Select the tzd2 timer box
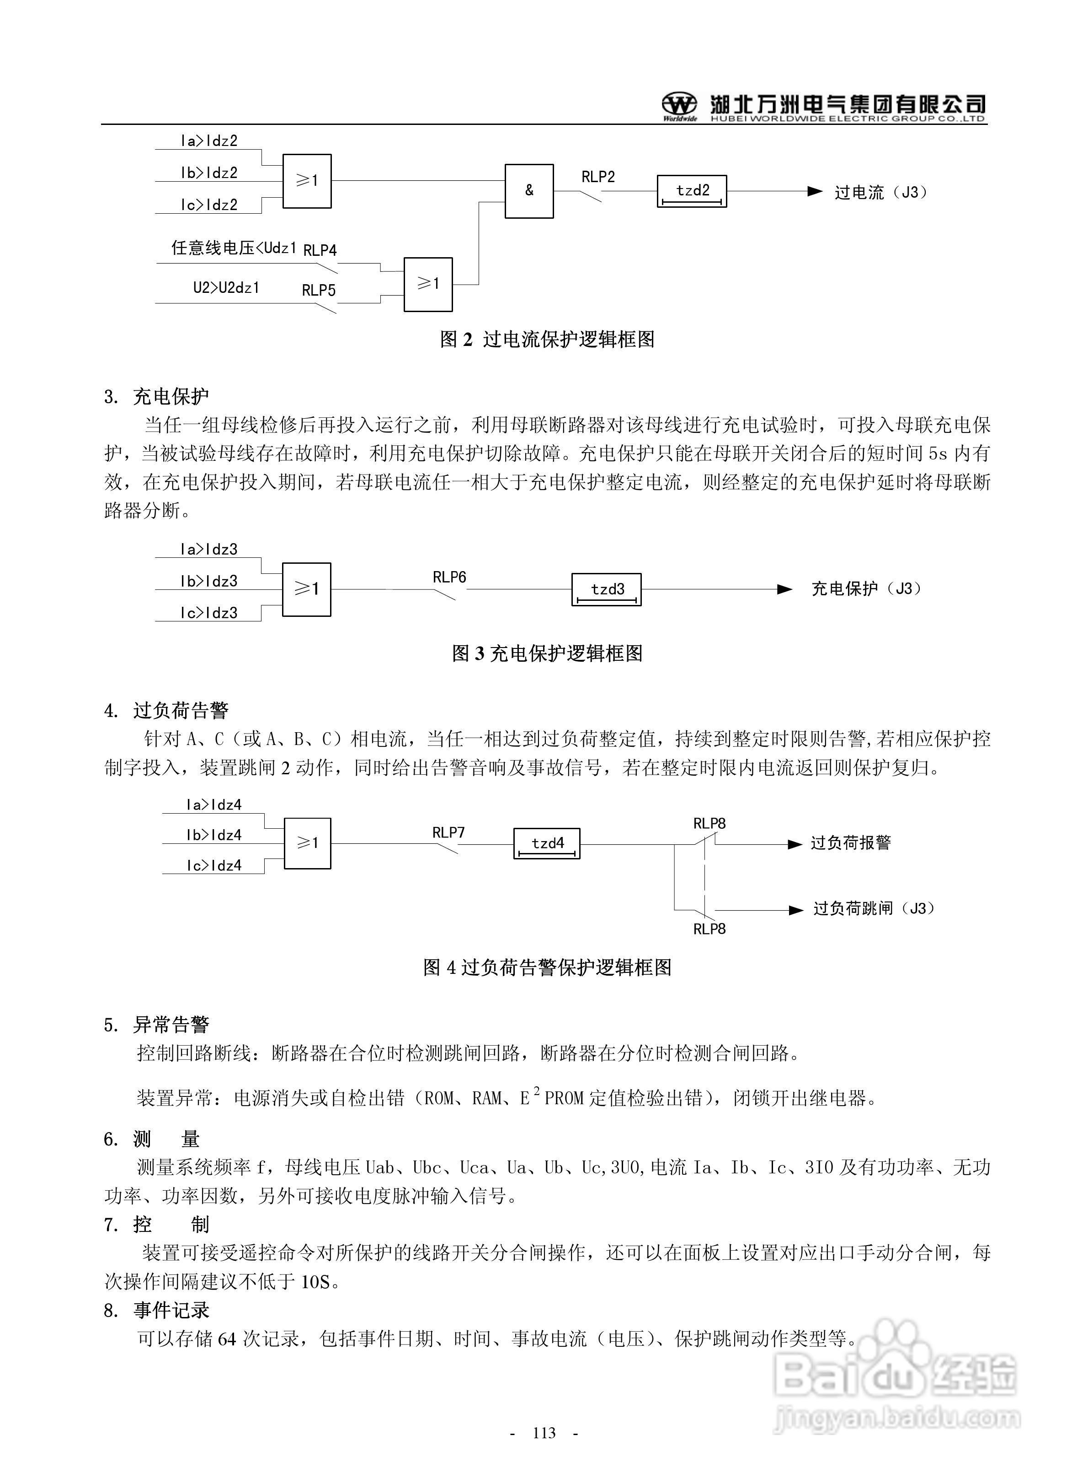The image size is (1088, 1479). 692,191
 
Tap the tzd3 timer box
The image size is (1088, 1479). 606,589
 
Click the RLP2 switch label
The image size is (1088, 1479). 598,177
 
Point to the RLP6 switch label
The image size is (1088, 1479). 449,578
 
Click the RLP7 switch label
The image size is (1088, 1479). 448,832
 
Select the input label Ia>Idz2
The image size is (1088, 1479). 209,140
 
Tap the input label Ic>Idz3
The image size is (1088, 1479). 209,613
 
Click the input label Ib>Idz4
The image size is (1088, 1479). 213,835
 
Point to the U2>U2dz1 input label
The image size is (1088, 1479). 226,287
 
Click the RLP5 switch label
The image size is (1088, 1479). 319,290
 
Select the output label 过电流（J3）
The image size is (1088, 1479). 880,193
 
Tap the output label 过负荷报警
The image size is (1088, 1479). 850,843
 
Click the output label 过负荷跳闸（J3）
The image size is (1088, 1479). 873,909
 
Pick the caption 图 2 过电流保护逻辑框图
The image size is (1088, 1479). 547,340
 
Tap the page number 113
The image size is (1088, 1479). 544,1433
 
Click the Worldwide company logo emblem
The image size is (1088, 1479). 679,105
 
